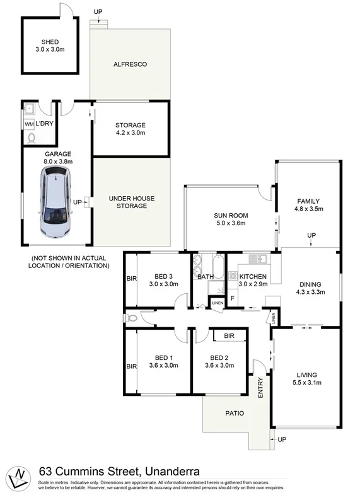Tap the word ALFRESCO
[x=130, y=64]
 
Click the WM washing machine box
[x=30, y=124]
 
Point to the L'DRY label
[x=44, y=124]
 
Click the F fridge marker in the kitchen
[x=233, y=298]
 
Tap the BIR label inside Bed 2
[x=229, y=336]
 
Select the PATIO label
[x=228, y=414]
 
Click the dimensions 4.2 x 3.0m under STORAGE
[x=130, y=133]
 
